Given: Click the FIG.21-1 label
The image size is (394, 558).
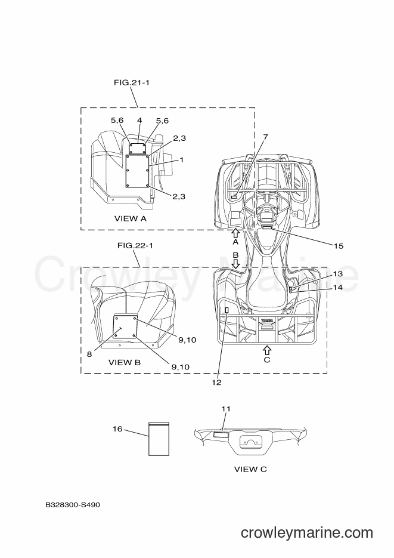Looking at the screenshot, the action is (x=132, y=82).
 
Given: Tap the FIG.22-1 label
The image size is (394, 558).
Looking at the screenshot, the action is (x=135, y=245).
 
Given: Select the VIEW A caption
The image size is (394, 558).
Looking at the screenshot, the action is (x=131, y=218).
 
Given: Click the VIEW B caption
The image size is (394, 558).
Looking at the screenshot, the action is (x=125, y=363).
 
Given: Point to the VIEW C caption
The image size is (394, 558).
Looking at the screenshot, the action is (x=250, y=470).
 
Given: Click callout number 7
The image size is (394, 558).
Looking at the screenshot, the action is (x=265, y=137).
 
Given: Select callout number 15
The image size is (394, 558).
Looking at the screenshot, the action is (x=339, y=246).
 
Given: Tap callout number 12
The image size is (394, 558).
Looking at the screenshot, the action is (x=216, y=383).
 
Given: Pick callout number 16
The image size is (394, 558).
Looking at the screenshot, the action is (x=117, y=429).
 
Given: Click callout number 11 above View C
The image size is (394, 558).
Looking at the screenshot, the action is (x=226, y=409).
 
